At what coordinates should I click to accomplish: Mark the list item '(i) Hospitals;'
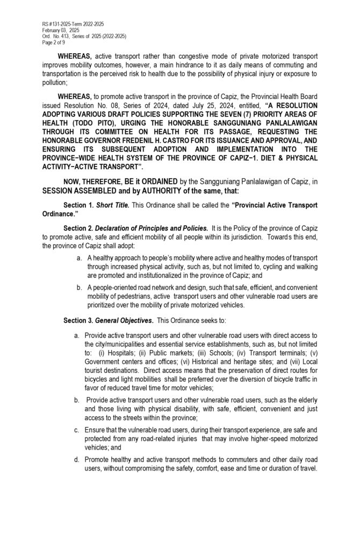click(118, 353)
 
